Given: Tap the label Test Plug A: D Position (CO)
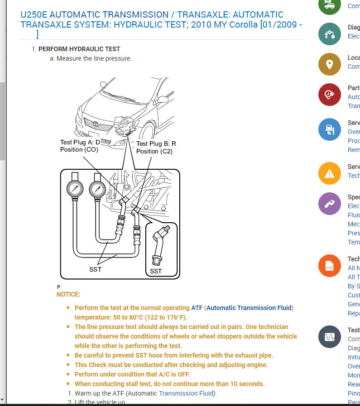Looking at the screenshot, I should [x=80, y=146].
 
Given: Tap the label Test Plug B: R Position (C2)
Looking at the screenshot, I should [x=156, y=147].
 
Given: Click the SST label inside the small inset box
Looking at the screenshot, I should [x=156, y=271].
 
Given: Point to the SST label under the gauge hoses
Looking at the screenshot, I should [x=96, y=269].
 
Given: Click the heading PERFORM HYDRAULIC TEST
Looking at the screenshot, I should [x=79, y=49].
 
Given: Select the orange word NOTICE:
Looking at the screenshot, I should [x=68, y=294].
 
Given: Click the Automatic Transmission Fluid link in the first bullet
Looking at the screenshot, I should [x=250, y=308].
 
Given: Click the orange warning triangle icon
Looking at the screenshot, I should [x=330, y=173].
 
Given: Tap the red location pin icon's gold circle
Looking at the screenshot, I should [x=330, y=64].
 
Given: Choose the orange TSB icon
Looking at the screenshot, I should [x=330, y=267].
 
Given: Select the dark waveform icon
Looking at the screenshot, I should [x=330, y=337].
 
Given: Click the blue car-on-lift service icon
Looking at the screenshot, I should [x=330, y=129].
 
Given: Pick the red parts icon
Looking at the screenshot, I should [x=330, y=95].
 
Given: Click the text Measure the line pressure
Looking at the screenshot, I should [x=94, y=58].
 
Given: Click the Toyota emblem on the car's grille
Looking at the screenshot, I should [x=96, y=124].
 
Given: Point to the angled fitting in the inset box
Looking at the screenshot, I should [x=160, y=244].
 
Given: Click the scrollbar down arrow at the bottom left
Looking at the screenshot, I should [x=2, y=400].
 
